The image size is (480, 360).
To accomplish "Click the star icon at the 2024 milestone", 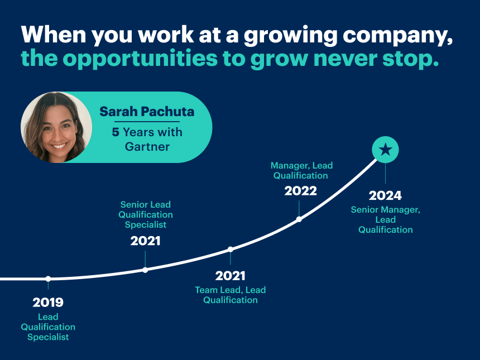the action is [x=385, y=150].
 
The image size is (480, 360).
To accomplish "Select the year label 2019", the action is [x=48, y=303].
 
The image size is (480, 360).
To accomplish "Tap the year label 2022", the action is [x=300, y=191].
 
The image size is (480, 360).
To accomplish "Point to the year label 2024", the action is [x=385, y=195].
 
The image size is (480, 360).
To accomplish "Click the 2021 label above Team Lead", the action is [x=230, y=276].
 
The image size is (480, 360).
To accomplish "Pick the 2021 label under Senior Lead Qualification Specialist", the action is [x=146, y=241].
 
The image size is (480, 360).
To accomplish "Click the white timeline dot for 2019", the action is [x=48, y=279].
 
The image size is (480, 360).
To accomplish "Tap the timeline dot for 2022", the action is [x=299, y=219].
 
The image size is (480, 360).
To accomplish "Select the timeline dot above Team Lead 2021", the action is [x=231, y=249].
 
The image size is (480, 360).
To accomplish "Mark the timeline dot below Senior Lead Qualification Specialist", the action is [x=145, y=270].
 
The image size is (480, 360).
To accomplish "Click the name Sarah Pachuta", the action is [x=147, y=112].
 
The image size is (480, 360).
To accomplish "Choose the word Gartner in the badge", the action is [x=147, y=147].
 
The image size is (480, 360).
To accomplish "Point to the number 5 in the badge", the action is [x=116, y=132].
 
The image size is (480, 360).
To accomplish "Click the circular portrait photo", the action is [x=56, y=127].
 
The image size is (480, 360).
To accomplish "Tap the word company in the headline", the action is [x=397, y=36].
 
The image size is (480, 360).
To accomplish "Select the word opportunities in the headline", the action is [x=140, y=59].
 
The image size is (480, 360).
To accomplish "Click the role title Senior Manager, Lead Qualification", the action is [x=386, y=220].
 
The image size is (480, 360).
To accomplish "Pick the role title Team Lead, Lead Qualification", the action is [x=231, y=295].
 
